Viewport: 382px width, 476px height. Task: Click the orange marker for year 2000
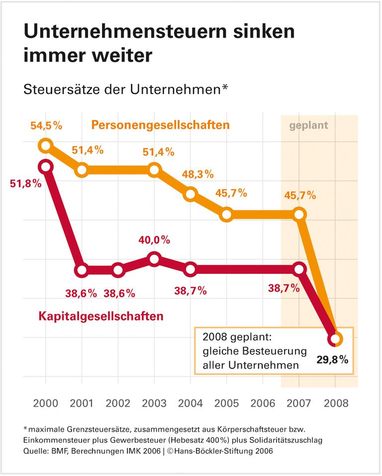click(x=46, y=146)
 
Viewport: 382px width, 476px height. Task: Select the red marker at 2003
click(x=154, y=259)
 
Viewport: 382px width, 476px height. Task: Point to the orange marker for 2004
click(x=190, y=194)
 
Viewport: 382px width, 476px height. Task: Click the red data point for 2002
click(x=118, y=271)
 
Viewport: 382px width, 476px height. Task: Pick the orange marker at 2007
click(x=299, y=215)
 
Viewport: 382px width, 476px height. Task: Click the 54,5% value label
click(x=46, y=125)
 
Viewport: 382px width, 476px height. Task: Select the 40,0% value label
click(x=154, y=240)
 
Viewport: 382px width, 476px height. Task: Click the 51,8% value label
click(x=25, y=183)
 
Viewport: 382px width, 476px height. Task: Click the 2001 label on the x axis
click(x=82, y=403)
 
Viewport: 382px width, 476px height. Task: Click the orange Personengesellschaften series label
click(x=160, y=125)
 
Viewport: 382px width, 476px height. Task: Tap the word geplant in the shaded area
click(x=309, y=125)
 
